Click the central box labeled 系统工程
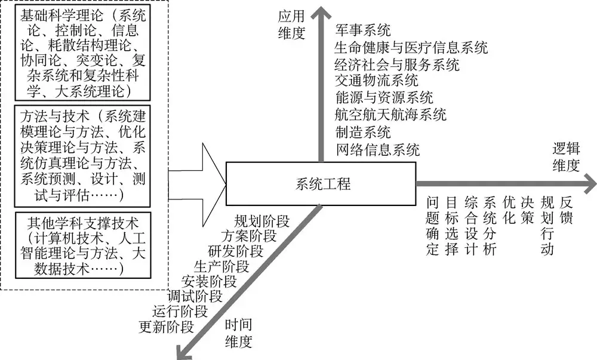click(x=321, y=183)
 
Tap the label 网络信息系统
click(x=377, y=149)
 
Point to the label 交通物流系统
click(x=377, y=80)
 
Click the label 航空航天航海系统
click(x=390, y=114)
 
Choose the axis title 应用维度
click(x=291, y=25)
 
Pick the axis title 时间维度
click(x=238, y=333)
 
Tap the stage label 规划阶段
click(x=261, y=221)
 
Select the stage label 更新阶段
click(x=166, y=327)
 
